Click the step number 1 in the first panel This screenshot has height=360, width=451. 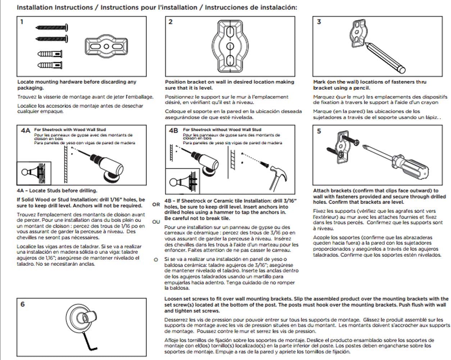click(22, 22)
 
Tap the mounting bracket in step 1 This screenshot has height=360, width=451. click(106, 47)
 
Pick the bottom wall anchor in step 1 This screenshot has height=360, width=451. click(50, 65)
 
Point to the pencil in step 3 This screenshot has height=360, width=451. click(384, 58)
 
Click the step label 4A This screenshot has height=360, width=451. click(25, 131)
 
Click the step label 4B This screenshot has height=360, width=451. click(173, 131)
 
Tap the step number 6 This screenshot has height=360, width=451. click(23, 304)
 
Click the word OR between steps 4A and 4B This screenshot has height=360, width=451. click(156, 204)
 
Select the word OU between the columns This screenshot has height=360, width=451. click(156, 222)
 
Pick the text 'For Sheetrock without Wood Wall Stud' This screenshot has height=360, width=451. click(222, 129)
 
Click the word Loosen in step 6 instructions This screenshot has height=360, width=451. click(174, 299)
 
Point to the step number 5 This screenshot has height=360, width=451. click(319, 131)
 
